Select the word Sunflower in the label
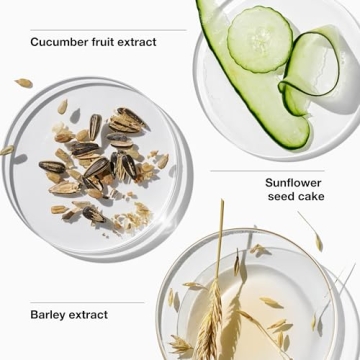coord(293,183)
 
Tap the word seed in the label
coord(280,196)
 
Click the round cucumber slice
coord(260,39)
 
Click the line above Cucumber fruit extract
coord(108,30)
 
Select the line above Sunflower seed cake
coord(267,171)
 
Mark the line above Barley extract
coord(87,303)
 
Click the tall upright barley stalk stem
coord(219,240)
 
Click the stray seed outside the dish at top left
coord(24,83)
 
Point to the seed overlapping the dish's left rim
coord(6,151)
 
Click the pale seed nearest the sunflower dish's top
coord(62,107)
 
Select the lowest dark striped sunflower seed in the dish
coord(93,213)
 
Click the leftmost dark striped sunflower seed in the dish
coord(52,166)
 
